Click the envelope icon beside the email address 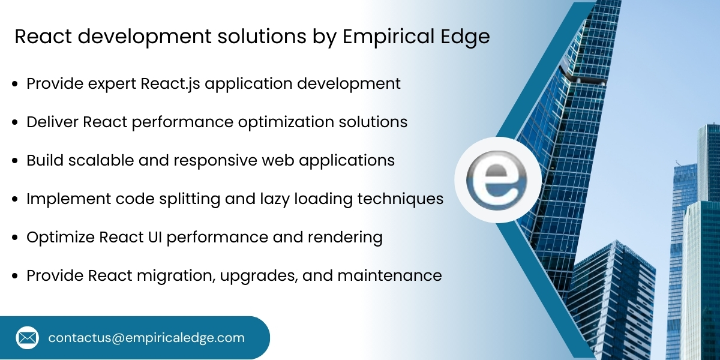27,338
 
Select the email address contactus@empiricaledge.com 146,338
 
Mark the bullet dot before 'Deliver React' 16,122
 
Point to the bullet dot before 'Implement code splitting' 16,199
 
